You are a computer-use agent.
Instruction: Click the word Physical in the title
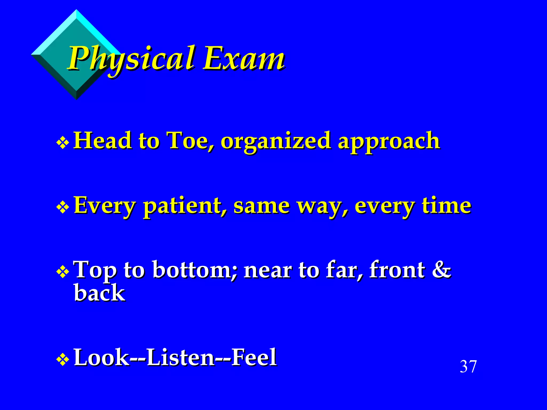click(x=131, y=59)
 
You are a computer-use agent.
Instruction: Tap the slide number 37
click(x=468, y=366)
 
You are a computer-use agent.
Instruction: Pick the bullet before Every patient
click(x=63, y=207)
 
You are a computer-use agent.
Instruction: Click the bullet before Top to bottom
click(x=63, y=272)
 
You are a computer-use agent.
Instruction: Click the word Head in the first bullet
click(x=103, y=141)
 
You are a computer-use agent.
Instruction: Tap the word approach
click(x=389, y=141)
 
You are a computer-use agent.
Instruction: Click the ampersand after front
click(x=441, y=270)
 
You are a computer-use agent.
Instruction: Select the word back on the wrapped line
click(x=99, y=293)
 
